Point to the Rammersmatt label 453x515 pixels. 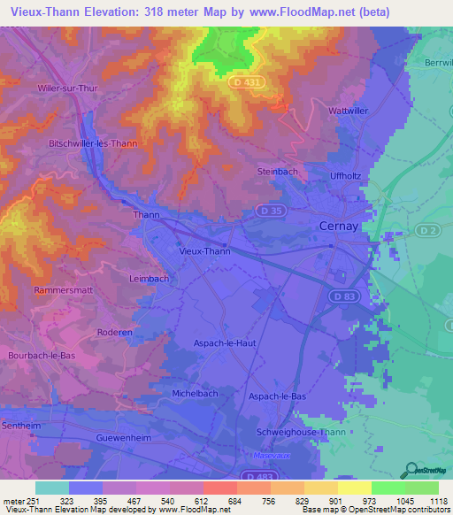(62, 290)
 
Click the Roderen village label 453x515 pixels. (115, 333)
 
